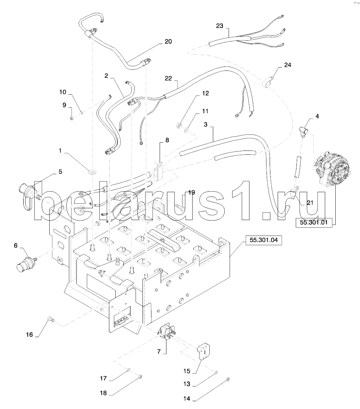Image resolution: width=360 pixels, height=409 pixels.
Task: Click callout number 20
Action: click(168, 42)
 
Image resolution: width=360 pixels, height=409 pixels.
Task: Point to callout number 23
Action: click(219, 26)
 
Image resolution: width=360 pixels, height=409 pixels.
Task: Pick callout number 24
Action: click(287, 65)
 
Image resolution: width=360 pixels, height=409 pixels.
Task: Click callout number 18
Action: click(104, 393)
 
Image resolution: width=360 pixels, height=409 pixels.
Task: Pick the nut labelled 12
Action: click(178, 125)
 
